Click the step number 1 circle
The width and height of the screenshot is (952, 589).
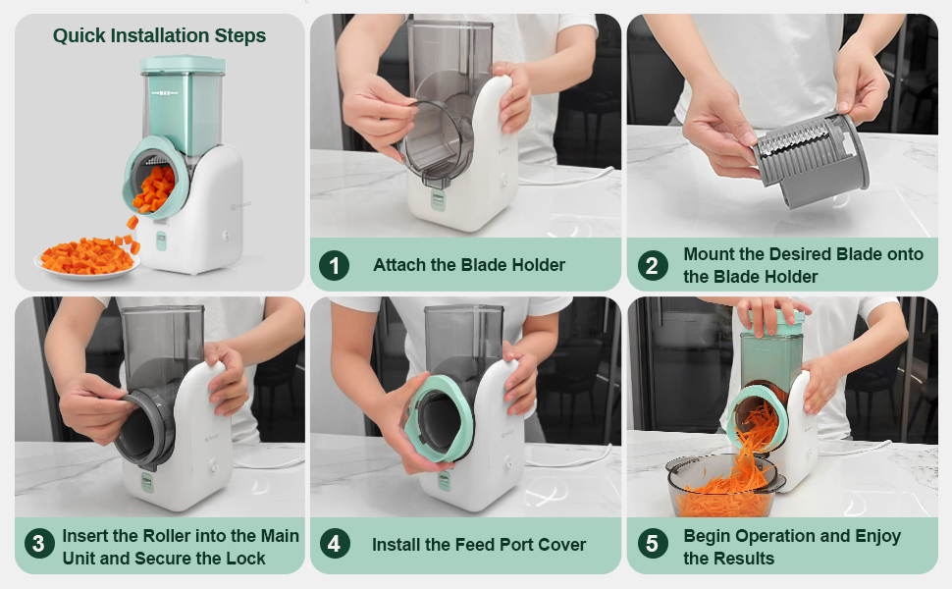click(335, 265)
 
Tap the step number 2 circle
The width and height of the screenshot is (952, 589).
click(651, 265)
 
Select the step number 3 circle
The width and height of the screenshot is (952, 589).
click(39, 544)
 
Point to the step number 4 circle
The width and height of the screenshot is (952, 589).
click(335, 544)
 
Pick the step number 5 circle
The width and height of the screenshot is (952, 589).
click(651, 544)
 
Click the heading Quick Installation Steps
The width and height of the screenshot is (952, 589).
click(159, 36)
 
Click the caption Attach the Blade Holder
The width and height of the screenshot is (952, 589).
click(469, 265)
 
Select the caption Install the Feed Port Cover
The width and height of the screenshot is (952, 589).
click(479, 544)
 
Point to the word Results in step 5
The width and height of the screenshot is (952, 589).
click(744, 559)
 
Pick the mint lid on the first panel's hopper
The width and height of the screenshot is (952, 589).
click(183, 66)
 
